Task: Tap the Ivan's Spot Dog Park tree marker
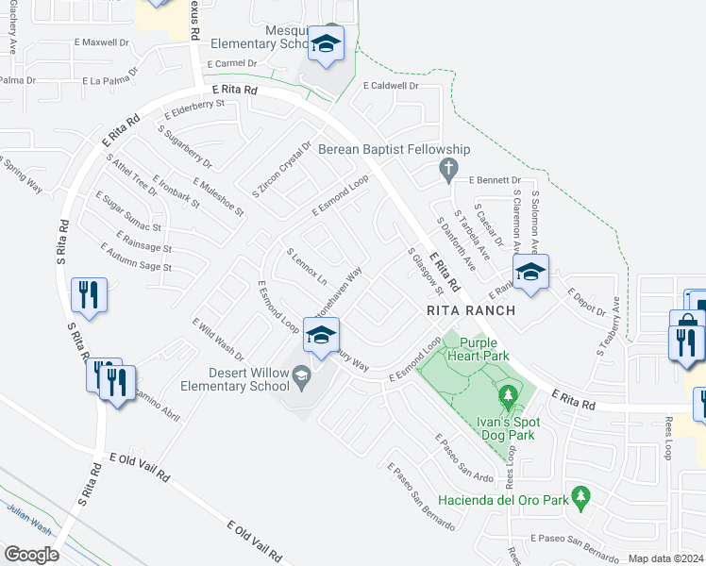pyautogui.click(x=508, y=392)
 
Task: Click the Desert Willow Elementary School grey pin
pyautogui.click(x=300, y=376)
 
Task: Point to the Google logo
pyautogui.click(x=31, y=554)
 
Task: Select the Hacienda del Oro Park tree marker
pyautogui.click(x=581, y=494)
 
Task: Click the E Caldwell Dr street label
pyautogui.click(x=390, y=85)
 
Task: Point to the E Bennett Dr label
pyautogui.click(x=495, y=179)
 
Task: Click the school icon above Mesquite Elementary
pyautogui.click(x=327, y=44)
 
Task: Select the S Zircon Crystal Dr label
pyautogui.click(x=281, y=169)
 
